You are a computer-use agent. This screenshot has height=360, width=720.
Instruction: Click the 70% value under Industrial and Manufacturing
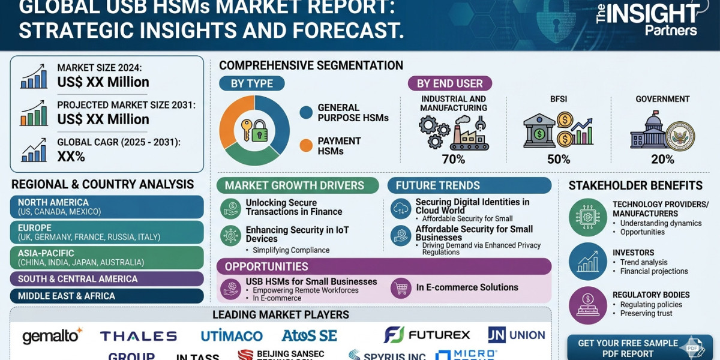[454, 159]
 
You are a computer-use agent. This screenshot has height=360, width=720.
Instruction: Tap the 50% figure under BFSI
[559, 159]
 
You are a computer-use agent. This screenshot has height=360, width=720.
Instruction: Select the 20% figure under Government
[662, 159]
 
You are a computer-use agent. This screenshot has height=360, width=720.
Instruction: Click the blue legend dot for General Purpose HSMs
[306, 112]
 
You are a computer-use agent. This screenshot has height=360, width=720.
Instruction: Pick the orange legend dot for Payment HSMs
[306, 145]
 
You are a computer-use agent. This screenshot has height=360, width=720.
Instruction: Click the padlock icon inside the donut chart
[259, 131]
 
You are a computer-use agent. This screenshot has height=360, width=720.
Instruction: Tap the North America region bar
[107, 207]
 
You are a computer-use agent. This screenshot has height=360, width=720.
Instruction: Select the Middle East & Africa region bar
[107, 296]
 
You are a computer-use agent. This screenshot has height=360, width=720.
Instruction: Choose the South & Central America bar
[107, 278]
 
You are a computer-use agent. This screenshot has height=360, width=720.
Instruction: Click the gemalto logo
[52, 335]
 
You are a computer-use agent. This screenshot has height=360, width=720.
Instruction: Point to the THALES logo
[139, 336]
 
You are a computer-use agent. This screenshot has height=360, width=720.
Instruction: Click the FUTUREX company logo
[427, 335]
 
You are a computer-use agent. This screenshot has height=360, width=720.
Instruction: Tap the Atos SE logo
[309, 335]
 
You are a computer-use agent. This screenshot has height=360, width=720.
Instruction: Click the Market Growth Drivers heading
[298, 185]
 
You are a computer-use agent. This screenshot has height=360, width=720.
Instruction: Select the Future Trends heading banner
[469, 185]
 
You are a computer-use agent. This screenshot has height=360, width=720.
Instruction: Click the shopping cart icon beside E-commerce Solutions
[400, 287]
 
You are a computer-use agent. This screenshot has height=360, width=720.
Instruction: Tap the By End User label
[449, 83]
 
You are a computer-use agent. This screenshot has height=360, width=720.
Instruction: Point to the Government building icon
[650, 132]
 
